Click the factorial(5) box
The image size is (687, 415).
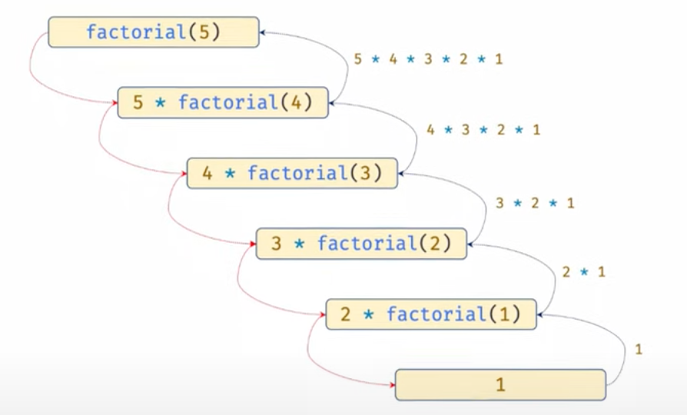point(153,33)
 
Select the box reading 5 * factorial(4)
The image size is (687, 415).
point(223,103)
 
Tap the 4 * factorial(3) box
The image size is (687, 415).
point(292,173)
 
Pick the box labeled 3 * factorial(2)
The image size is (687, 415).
point(361,244)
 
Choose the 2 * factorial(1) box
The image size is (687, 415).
point(430,314)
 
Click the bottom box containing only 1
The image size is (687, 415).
point(500,384)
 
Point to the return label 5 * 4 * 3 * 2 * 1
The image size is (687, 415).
point(428,59)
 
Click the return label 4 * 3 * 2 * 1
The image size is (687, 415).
point(483,130)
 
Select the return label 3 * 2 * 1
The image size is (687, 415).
point(535,204)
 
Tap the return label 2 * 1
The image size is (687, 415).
point(584,272)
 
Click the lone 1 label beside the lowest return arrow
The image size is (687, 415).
point(639,350)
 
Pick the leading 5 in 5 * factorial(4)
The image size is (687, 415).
point(138,103)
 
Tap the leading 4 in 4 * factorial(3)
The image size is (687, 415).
point(207,173)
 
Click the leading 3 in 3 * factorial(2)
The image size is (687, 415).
point(277,244)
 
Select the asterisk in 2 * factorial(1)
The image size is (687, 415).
point(369,314)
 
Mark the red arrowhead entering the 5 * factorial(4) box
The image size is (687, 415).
point(114,103)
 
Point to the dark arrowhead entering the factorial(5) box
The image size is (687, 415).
point(262,33)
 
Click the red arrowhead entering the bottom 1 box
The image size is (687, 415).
point(392,384)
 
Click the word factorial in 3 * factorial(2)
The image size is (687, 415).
point(366,244)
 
